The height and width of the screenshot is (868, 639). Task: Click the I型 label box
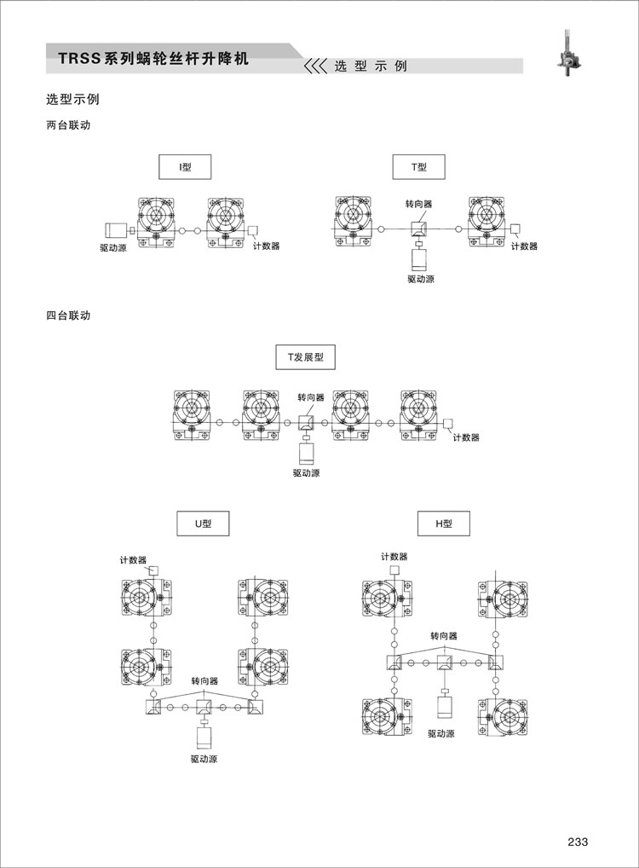[x=185, y=166]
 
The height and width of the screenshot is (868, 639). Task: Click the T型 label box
[x=419, y=166]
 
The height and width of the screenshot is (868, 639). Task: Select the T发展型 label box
[x=305, y=357]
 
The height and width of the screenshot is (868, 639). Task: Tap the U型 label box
[x=203, y=524]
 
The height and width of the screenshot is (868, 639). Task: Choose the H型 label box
[x=444, y=524]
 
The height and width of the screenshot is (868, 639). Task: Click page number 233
[x=578, y=842]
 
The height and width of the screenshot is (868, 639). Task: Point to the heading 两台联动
[x=68, y=125]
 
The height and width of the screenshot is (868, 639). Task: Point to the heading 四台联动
[x=68, y=315]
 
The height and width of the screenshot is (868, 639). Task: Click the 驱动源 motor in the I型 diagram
[x=116, y=231]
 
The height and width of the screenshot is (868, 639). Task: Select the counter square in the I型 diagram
[x=253, y=230]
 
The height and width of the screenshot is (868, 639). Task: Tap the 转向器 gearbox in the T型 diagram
[x=419, y=229]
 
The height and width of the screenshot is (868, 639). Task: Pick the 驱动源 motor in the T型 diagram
[x=421, y=259]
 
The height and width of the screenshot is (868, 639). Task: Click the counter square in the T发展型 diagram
[x=447, y=423]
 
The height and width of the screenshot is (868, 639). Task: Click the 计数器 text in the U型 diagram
[x=133, y=560]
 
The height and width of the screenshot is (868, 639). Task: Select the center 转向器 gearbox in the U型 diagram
[x=204, y=707]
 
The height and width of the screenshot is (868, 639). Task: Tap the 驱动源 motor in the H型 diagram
[x=446, y=708]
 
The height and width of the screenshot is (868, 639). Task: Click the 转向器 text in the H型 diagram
[x=444, y=636]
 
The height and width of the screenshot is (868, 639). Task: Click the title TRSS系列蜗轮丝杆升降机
[x=153, y=58]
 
